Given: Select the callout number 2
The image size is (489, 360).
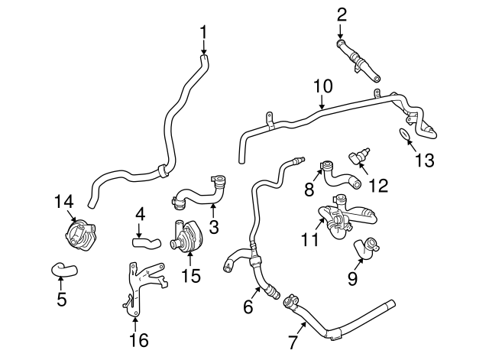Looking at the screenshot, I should coord(342,13).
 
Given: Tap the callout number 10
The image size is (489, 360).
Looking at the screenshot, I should coord(322,86).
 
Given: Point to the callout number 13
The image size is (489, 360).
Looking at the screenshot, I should coord(424,161).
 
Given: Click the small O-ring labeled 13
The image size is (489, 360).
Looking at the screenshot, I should coord(401,135).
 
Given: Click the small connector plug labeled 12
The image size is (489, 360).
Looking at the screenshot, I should coord(358,158).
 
